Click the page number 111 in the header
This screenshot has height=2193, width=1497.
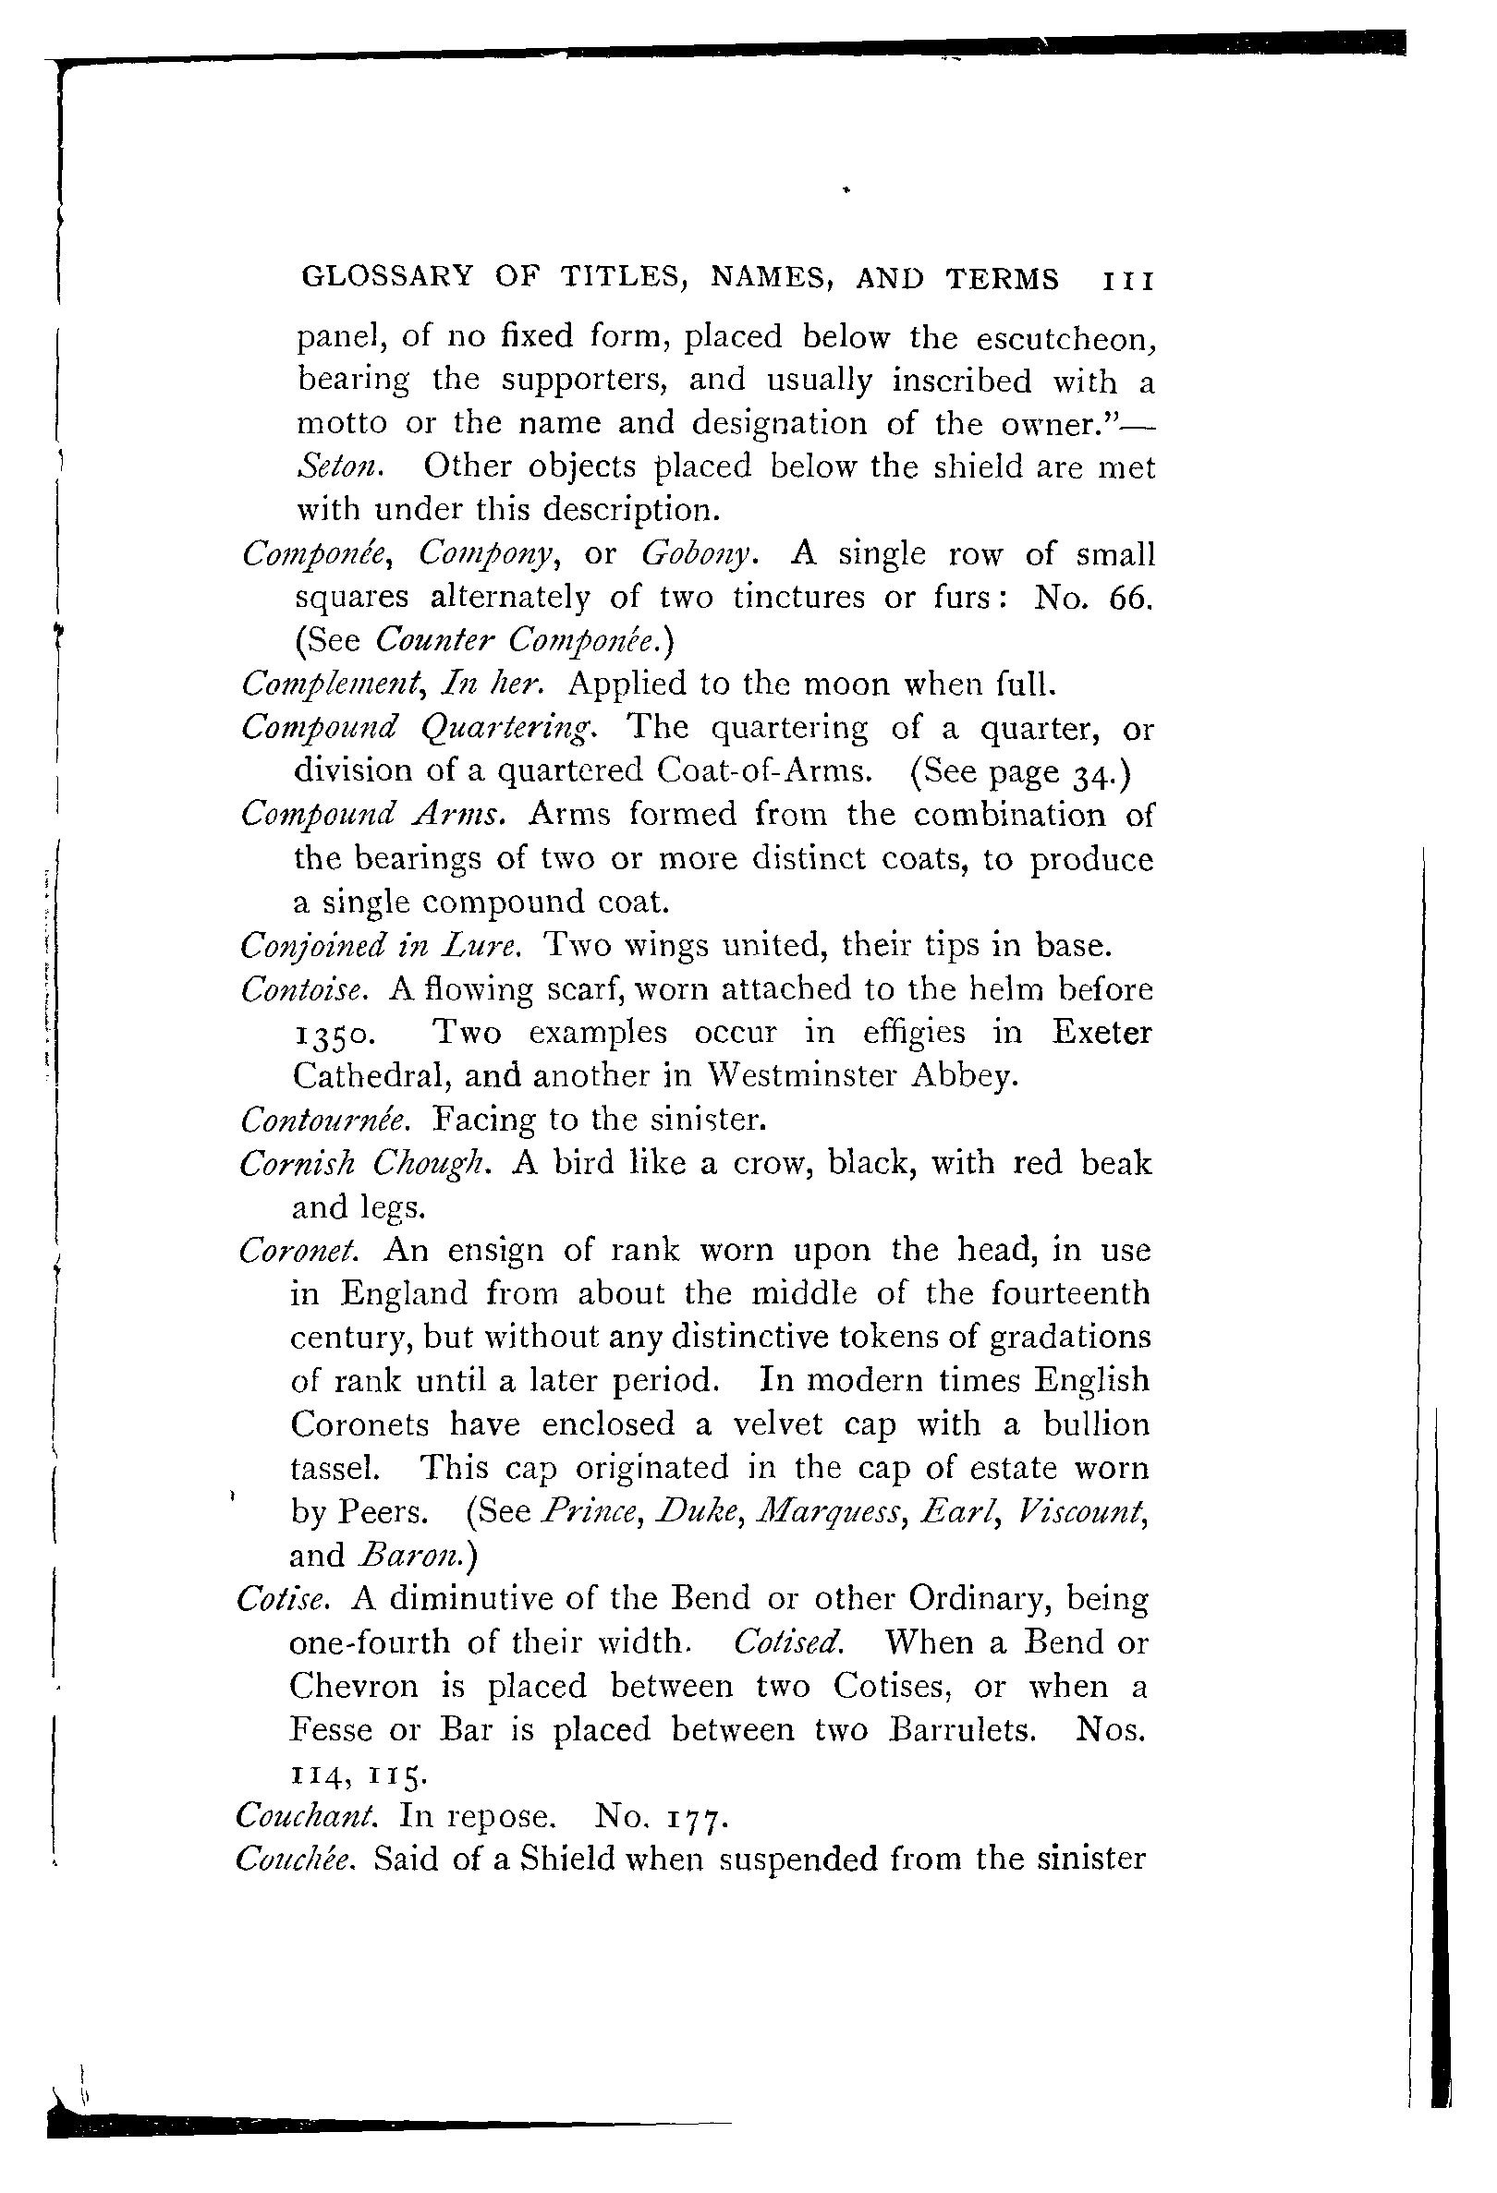[1128, 280]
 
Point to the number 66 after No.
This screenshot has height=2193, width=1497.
[1129, 598]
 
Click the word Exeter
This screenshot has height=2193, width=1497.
[1101, 1033]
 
